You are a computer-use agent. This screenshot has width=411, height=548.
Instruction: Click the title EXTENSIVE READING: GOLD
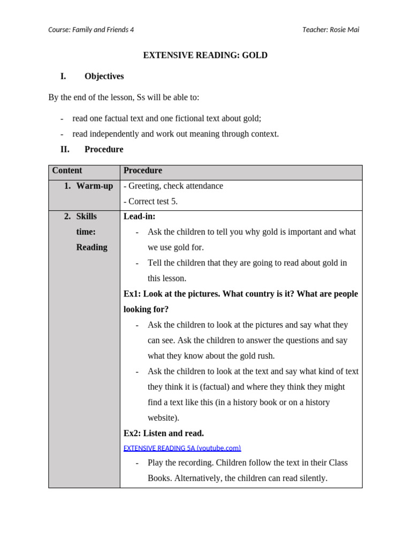point(205,55)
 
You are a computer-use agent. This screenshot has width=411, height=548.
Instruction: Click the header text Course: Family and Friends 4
point(91,30)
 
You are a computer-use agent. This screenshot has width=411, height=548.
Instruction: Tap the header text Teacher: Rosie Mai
point(330,30)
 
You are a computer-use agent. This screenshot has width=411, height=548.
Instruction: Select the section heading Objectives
point(104,77)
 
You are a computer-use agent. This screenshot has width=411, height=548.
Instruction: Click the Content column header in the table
point(67,171)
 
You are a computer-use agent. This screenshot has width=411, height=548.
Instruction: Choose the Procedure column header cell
point(143,171)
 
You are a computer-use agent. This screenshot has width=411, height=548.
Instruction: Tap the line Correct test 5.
point(153,202)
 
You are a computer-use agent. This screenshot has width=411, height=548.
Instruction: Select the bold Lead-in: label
point(140,217)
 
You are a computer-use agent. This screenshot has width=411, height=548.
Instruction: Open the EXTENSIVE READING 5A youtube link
point(182,448)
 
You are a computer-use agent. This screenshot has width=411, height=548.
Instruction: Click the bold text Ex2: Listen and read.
point(164,433)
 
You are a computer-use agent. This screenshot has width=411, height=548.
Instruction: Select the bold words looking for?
point(146,309)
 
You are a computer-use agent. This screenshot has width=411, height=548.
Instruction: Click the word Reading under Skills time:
point(92,247)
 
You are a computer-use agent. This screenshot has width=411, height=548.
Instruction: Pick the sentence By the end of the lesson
point(124,97)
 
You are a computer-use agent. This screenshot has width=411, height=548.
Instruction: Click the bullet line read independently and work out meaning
point(176,134)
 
